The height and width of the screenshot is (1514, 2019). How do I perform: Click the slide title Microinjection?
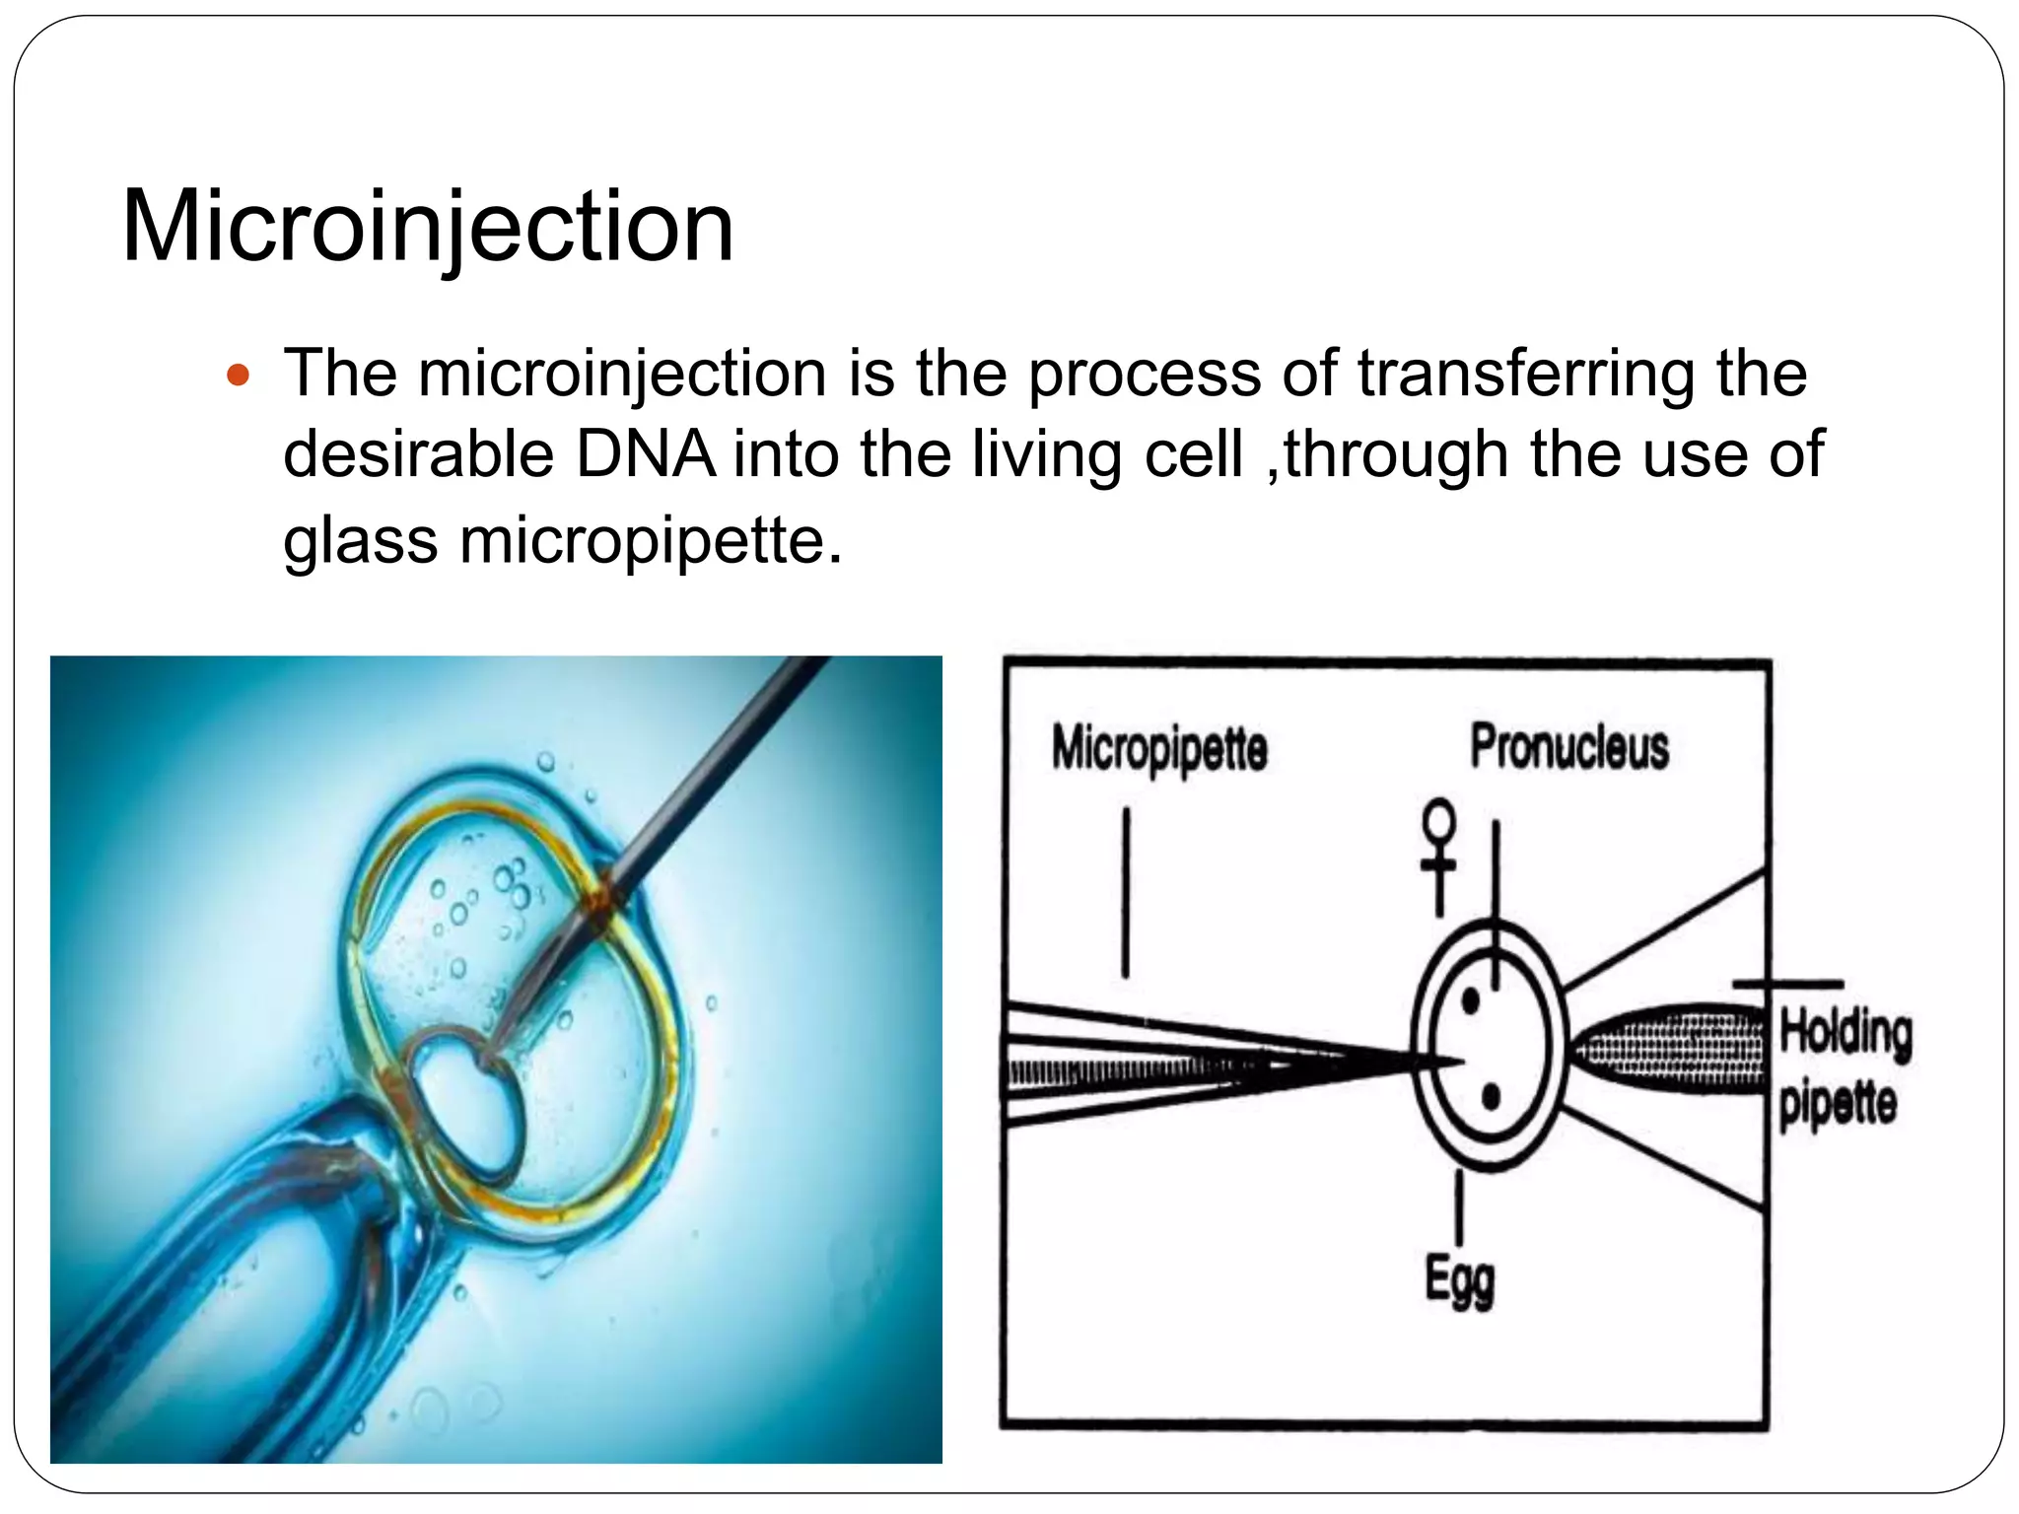(x=427, y=228)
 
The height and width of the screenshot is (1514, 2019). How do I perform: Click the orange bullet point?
(x=239, y=376)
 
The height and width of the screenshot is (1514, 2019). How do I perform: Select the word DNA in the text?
(x=646, y=455)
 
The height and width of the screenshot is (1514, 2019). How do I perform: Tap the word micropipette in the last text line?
(x=651, y=541)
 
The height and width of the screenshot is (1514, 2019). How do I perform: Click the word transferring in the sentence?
(x=1526, y=375)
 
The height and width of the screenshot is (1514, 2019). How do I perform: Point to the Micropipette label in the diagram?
(x=1158, y=748)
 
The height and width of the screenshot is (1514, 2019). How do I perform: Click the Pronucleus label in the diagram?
(x=1569, y=746)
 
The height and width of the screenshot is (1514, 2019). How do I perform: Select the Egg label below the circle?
(x=1460, y=1280)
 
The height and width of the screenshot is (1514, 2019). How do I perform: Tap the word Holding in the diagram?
(x=1845, y=1033)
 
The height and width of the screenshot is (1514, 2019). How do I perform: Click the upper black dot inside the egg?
(x=1471, y=1001)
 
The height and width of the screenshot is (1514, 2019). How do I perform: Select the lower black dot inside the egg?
(x=1491, y=1096)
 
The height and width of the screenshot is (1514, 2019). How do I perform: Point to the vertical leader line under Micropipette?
(x=1126, y=892)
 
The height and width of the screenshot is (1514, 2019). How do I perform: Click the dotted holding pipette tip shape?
(x=1666, y=1048)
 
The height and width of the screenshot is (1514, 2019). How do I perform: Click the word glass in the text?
(x=360, y=541)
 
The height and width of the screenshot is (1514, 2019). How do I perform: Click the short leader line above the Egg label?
(x=1459, y=1208)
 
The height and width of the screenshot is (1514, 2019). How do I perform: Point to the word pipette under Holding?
(x=1838, y=1104)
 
